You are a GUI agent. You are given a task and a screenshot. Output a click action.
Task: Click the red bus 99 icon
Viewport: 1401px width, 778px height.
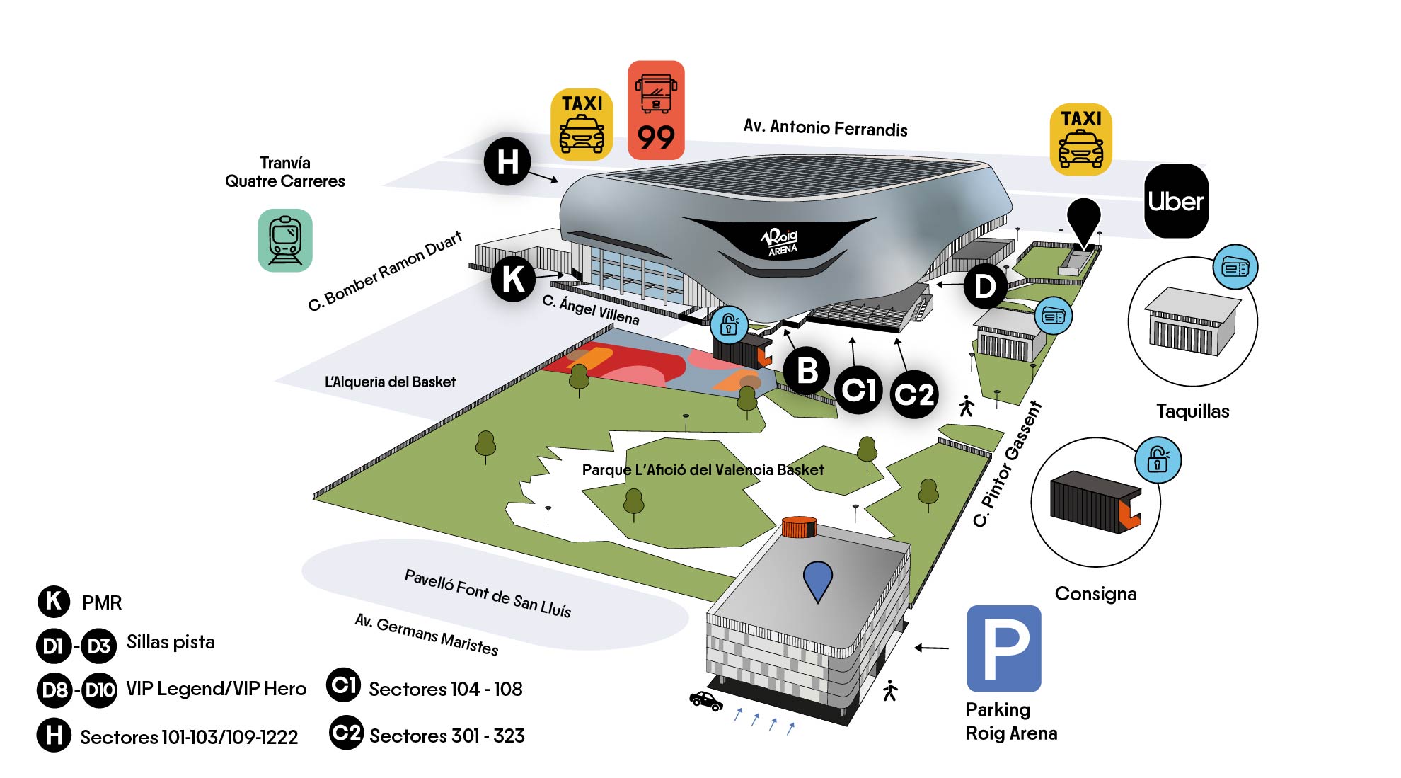[x=656, y=110]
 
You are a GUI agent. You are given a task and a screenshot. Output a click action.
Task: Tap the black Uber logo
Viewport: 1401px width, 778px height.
[x=1176, y=201]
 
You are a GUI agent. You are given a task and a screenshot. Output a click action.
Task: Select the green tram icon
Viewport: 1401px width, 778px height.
[x=285, y=240]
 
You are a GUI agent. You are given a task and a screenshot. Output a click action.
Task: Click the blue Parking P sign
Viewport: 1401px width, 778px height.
[x=1003, y=648]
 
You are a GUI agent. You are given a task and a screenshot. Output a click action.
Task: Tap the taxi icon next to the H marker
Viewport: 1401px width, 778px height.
[x=582, y=124]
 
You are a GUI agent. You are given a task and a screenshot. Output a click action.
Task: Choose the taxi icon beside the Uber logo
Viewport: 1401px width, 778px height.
[x=1080, y=139]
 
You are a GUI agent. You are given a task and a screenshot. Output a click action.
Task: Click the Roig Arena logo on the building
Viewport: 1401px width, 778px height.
[x=780, y=241]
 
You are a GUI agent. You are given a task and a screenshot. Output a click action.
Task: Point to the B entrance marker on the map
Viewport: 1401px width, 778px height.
[x=807, y=370]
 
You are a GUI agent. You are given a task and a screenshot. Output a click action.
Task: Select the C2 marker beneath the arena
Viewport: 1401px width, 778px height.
[x=914, y=394]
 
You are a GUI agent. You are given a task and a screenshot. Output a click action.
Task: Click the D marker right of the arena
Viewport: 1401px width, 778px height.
[x=984, y=287]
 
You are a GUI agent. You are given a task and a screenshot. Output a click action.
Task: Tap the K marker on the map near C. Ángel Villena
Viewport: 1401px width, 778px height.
[x=513, y=279]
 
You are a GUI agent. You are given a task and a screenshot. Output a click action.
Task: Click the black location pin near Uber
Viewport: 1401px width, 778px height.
[x=1083, y=219]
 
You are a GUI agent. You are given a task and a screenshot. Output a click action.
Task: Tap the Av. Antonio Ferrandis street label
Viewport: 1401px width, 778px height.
[x=825, y=128]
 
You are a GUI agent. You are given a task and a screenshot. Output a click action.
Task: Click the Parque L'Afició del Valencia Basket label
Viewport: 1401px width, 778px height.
[x=703, y=469]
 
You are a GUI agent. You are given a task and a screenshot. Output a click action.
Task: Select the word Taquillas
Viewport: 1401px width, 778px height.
[x=1192, y=411]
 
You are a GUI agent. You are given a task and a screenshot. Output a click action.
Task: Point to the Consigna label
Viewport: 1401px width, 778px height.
[x=1095, y=594]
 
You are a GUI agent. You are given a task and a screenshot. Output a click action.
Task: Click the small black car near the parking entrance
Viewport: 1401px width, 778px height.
[x=706, y=701]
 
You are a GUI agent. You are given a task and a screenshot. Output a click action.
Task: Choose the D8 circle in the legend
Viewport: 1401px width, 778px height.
[x=54, y=690]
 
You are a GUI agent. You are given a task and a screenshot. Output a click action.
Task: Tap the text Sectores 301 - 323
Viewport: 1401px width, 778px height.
[x=446, y=736]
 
